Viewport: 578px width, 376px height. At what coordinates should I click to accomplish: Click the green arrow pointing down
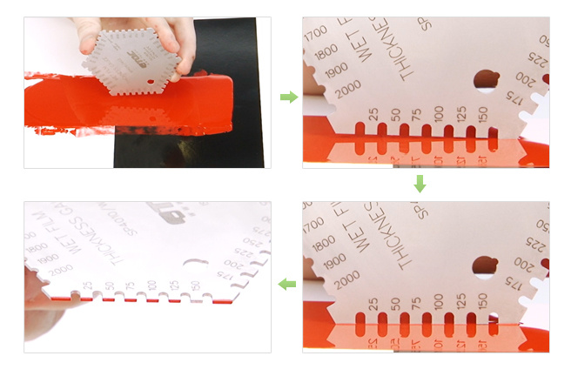tap(420, 184)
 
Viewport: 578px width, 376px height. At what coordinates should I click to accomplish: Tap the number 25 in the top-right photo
tap(373, 115)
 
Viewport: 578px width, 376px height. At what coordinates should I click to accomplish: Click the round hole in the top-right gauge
tap(486, 81)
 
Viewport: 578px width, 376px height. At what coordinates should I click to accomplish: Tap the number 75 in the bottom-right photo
tap(416, 303)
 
